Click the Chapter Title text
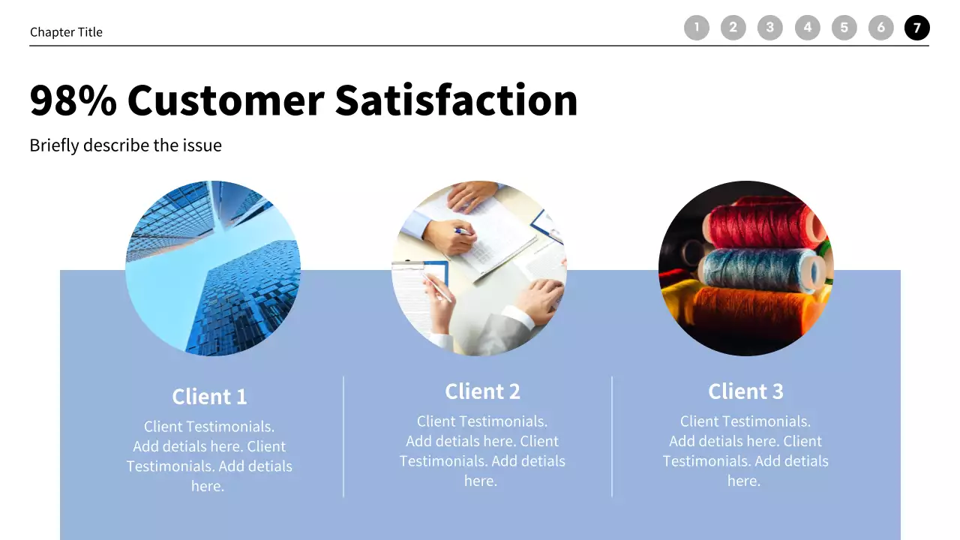point(66,32)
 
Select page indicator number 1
point(696,28)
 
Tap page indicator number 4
point(807,28)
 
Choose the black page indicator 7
point(916,28)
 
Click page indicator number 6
point(880,28)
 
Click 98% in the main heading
point(73,100)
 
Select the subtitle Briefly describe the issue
point(125,145)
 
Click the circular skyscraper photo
point(213,268)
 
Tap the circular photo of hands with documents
point(479,268)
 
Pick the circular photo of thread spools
point(745,268)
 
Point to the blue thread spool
point(757,268)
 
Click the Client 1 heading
point(209,396)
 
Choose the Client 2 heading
point(482,391)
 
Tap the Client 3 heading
point(745,391)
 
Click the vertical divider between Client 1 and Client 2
point(343,436)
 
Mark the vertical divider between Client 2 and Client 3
point(612,436)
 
